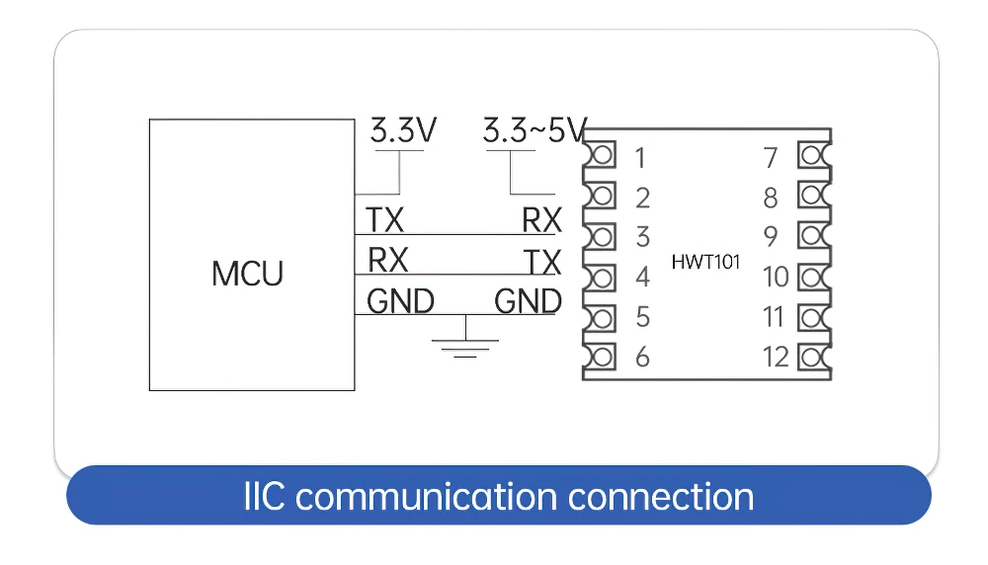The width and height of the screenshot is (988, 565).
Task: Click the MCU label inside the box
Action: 248,274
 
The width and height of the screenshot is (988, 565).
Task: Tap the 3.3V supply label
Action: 403,131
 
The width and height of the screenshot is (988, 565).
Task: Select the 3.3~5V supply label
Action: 535,131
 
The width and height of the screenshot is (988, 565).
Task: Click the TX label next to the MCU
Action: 385,220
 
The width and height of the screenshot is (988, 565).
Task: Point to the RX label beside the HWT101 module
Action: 541,220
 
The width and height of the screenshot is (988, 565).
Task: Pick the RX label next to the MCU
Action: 387,260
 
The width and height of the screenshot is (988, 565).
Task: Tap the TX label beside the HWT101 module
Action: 542,262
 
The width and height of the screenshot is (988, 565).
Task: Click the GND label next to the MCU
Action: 401,301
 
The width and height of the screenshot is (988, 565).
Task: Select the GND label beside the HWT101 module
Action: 528,301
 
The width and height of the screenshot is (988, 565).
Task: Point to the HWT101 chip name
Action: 705,262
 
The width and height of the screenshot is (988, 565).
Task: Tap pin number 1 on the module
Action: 641,158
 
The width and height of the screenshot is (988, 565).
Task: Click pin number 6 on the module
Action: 642,358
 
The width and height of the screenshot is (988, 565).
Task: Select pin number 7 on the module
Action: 771,158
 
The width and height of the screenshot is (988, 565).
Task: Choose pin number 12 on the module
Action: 776,358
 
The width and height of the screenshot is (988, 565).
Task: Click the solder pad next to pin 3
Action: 600,237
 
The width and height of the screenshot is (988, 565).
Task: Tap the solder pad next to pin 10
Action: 814,278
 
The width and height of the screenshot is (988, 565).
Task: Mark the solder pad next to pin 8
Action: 814,196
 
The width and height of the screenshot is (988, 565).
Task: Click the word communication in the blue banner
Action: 427,496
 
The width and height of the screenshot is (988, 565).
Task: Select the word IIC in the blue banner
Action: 264,496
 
